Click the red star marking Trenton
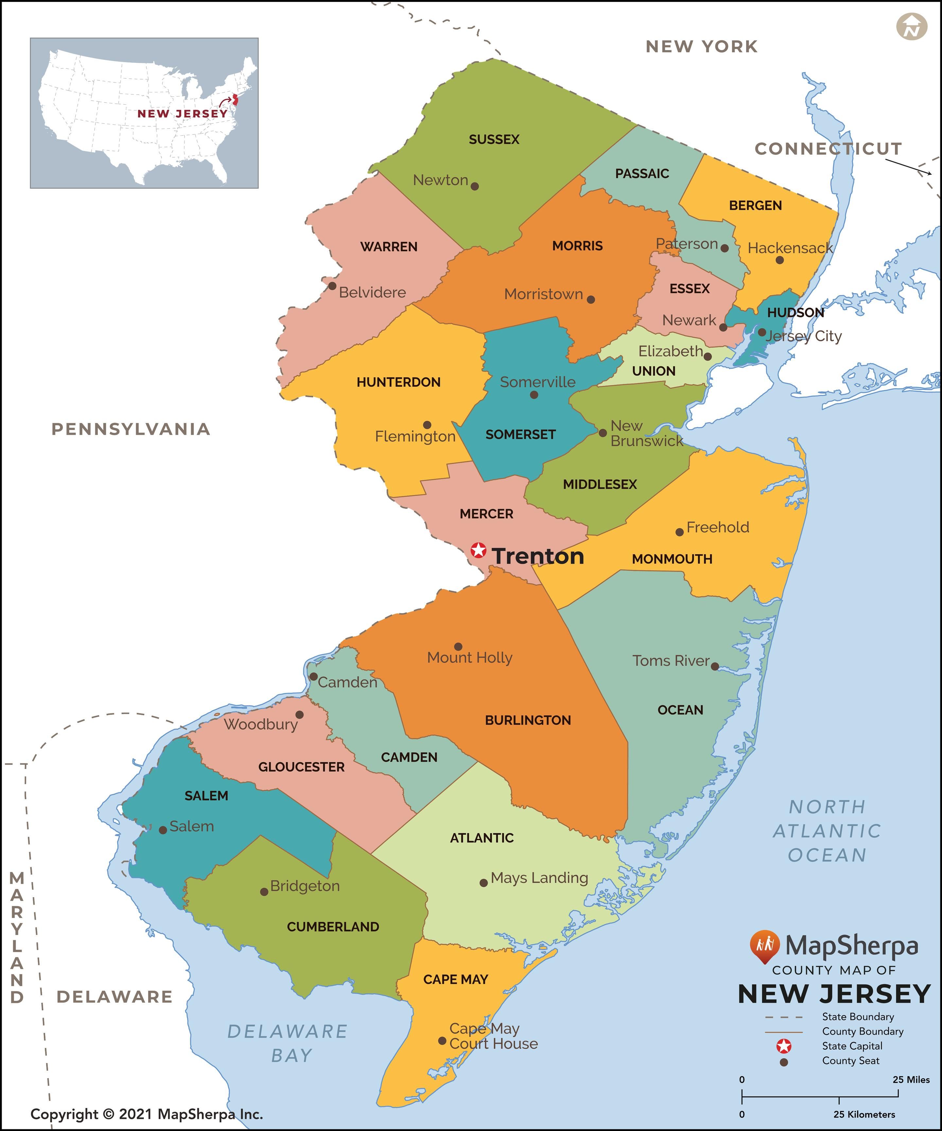click(x=478, y=550)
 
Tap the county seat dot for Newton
click(x=475, y=186)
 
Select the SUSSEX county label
click(x=494, y=139)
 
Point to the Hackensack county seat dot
click(x=779, y=260)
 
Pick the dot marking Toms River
click(x=715, y=666)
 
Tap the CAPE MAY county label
click(x=456, y=979)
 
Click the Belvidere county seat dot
click(x=332, y=286)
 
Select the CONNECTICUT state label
click(x=828, y=149)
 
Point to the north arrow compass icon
click(x=911, y=27)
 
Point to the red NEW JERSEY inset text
click(x=182, y=114)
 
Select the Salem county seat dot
click(x=163, y=830)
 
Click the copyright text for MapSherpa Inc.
click(x=147, y=1114)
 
